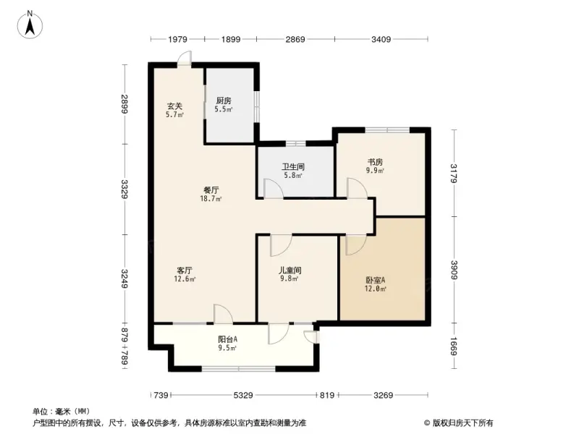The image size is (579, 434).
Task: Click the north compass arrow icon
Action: (x=31, y=25)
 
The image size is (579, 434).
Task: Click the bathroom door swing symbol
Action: (x=273, y=188)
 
